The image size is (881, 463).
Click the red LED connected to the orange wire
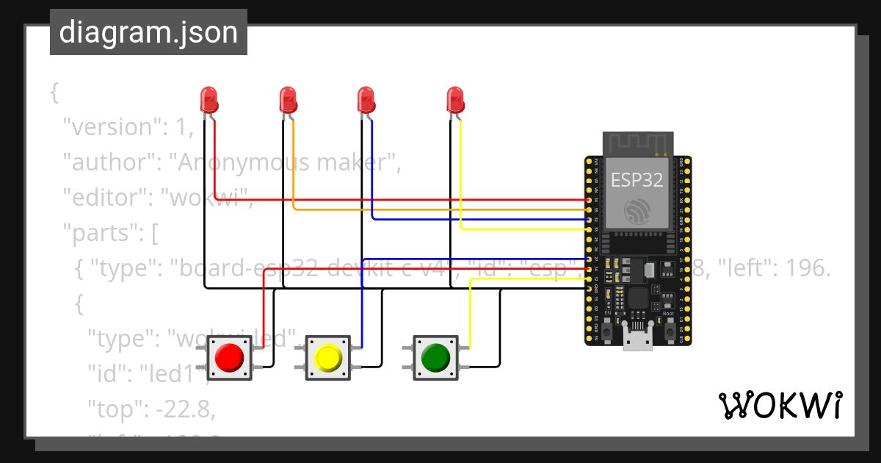click(288, 99)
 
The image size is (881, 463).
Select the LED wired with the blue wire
click(366, 99)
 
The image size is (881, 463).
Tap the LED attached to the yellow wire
click(455, 99)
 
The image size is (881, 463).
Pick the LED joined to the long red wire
click(209, 99)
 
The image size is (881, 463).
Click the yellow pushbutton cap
click(327, 358)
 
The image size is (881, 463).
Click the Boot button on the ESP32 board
click(670, 331)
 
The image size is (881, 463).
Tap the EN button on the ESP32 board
click(608, 331)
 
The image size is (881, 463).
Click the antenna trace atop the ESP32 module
click(637, 143)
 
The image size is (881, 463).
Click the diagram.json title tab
click(148, 32)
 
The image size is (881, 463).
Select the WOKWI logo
click(780, 405)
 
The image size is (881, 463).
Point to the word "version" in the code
click(110, 127)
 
